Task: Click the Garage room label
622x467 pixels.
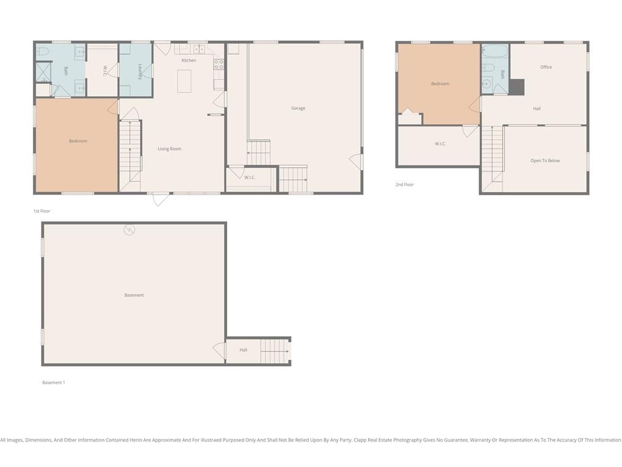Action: (x=298, y=108)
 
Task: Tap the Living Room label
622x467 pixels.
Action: (x=169, y=149)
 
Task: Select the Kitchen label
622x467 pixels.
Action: (x=189, y=60)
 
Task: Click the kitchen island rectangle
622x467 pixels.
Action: (x=184, y=81)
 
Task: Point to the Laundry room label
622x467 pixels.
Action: (x=140, y=72)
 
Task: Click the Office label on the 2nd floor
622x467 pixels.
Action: (x=546, y=67)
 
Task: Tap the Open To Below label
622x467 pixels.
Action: (x=545, y=161)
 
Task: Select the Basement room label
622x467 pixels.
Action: (x=134, y=295)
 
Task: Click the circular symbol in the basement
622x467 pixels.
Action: (x=129, y=229)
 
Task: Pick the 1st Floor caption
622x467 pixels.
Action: (x=42, y=211)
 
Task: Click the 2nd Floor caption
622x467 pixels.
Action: (x=405, y=185)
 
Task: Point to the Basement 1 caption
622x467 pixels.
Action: (x=53, y=383)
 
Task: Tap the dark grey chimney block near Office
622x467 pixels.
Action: (x=516, y=88)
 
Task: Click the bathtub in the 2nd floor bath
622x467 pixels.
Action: (x=494, y=52)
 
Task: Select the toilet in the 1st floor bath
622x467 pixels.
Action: (x=42, y=52)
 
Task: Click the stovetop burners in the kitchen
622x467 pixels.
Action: (x=219, y=64)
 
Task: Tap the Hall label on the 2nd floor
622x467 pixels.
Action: (x=537, y=109)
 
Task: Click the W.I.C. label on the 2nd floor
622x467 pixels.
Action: (x=440, y=144)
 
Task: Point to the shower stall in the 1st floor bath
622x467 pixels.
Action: (x=44, y=72)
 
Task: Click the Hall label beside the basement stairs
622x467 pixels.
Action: (x=243, y=350)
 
